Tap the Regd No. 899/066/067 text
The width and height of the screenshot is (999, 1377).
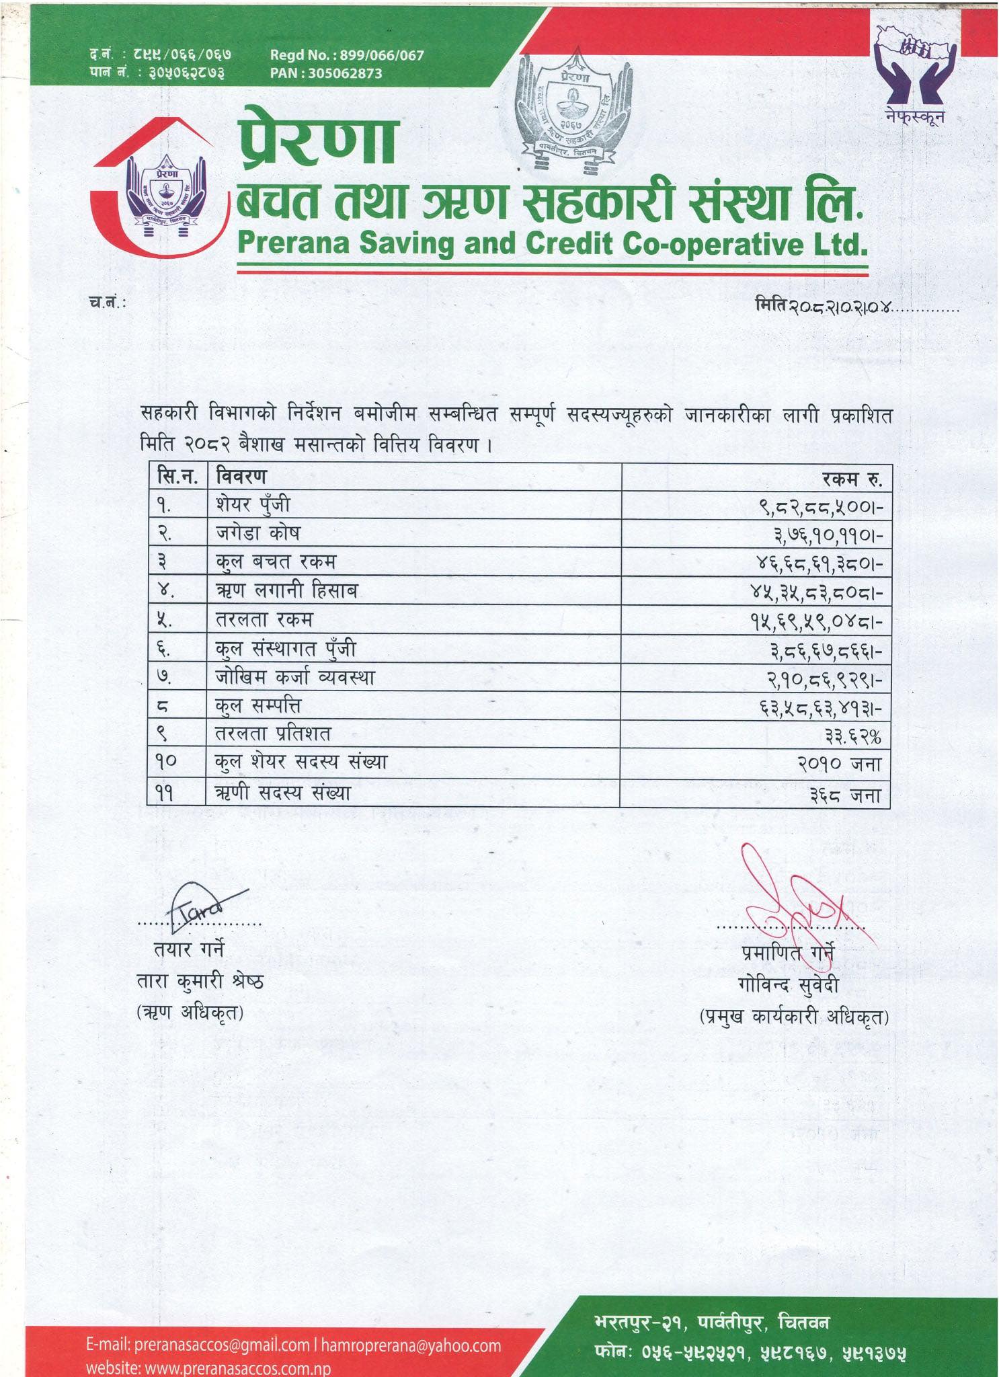[347, 55]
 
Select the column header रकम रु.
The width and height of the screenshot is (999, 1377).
[851, 479]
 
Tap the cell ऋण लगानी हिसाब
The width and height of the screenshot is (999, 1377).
[286, 591]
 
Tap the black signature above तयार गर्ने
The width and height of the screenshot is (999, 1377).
[202, 905]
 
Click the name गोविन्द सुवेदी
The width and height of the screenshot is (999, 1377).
[787, 987]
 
